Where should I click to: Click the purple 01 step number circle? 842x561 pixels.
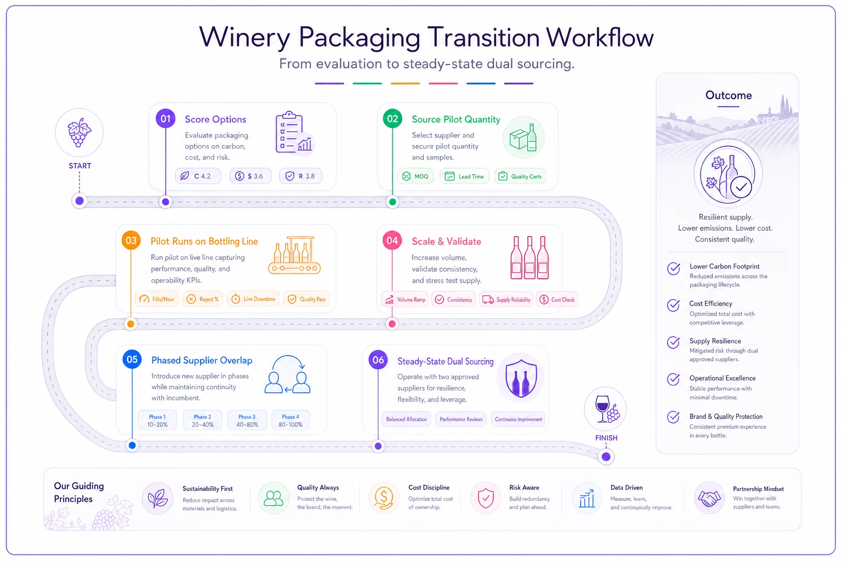point(166,119)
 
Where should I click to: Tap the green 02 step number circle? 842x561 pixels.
point(392,119)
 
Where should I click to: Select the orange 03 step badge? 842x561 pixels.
point(131,241)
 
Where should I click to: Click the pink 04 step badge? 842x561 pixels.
point(392,241)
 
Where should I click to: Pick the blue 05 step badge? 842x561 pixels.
point(132,359)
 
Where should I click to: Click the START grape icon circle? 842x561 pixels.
point(79,133)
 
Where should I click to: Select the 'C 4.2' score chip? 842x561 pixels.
point(198,176)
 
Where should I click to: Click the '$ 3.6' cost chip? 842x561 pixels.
point(251,176)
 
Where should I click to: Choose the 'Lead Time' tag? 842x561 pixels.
point(465,176)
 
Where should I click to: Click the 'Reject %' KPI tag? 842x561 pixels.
point(203,299)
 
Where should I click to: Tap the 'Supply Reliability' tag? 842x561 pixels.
point(507,300)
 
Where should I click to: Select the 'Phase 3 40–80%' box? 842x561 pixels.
point(247,420)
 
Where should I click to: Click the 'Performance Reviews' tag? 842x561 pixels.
point(461,419)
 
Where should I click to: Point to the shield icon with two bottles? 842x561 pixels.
point(521,378)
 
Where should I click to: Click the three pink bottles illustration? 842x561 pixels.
point(529,258)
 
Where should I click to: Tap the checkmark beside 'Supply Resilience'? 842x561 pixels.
point(673,342)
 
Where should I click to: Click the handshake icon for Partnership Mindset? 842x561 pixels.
point(709,498)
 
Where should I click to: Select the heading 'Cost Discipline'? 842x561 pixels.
point(429,488)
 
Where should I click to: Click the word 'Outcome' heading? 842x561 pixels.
point(728,95)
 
